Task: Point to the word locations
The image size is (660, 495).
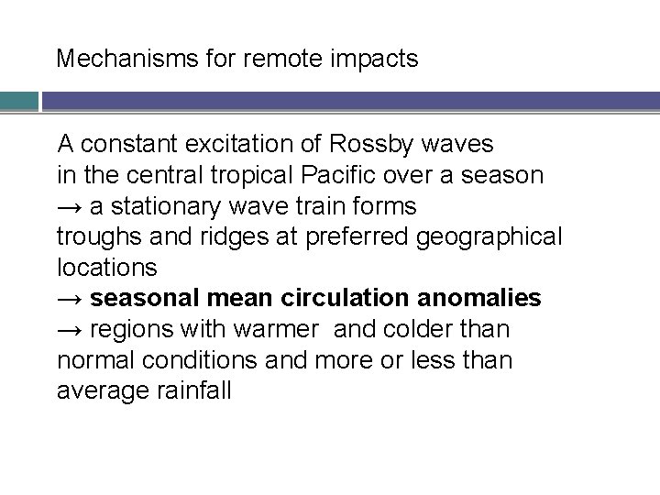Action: (107, 268)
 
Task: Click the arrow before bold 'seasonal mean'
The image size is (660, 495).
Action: (71, 299)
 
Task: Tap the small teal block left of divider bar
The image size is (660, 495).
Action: (18, 100)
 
